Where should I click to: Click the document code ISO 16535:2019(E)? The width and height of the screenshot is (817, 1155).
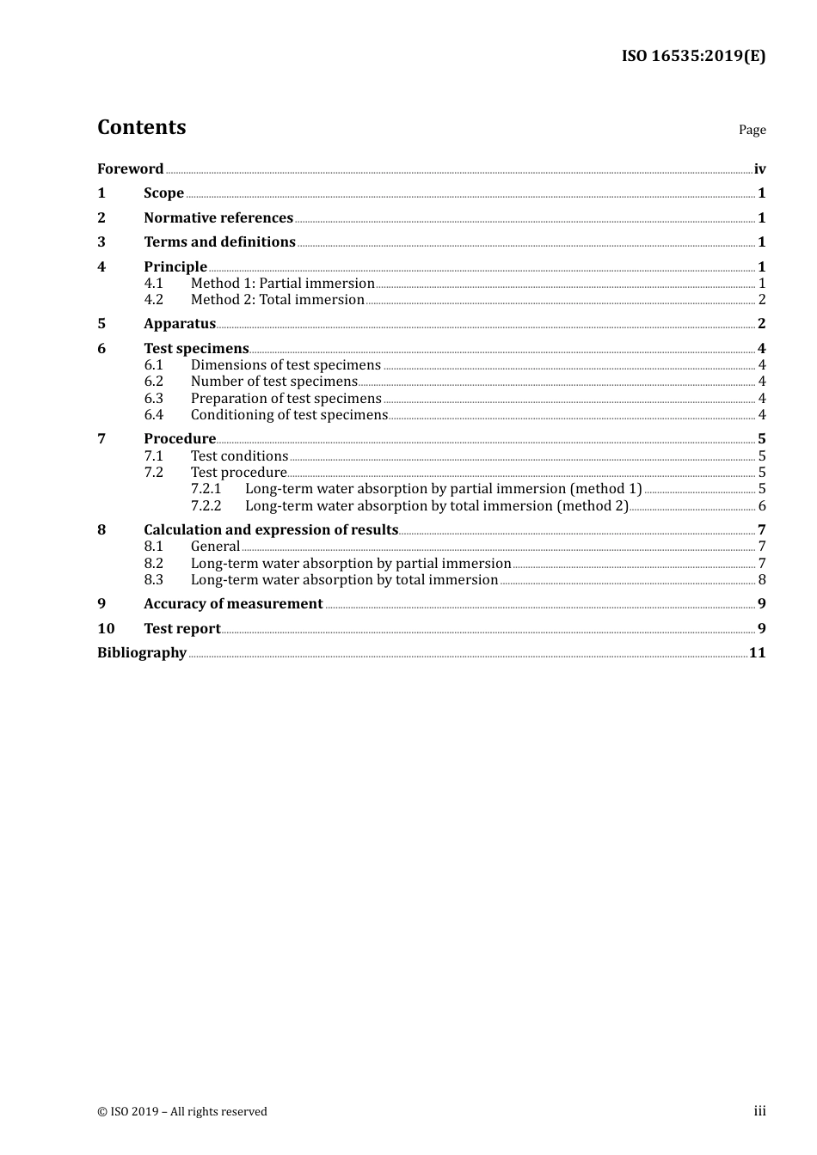pos(693,56)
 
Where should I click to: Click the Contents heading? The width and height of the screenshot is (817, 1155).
pos(141,127)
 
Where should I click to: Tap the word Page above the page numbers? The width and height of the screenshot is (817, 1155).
pos(752,130)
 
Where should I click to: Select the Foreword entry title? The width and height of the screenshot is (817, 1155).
pos(130,168)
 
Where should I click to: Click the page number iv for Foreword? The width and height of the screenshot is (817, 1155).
pos(759,168)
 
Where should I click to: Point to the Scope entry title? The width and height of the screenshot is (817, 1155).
pos(163,192)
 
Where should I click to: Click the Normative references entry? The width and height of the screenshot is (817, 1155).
pos(218,217)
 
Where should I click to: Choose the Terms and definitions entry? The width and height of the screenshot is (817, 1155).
pos(219,241)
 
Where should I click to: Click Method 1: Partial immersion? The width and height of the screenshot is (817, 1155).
pos(282,283)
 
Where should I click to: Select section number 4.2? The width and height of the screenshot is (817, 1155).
pos(153,299)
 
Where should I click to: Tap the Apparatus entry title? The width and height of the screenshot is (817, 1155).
pos(179,323)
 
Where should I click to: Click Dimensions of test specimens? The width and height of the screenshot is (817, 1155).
pos(286,364)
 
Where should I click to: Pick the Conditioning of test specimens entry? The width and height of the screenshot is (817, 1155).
pos(289,414)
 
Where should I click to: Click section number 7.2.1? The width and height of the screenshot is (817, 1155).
pos(206,488)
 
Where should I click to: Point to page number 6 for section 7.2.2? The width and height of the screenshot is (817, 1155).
pos(762,505)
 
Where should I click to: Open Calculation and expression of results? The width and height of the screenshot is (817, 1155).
pos(271,529)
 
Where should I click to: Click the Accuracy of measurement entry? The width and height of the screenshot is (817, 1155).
pos(233,603)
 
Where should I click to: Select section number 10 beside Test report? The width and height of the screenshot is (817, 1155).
pos(106,628)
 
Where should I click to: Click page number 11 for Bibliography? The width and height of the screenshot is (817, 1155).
pos(757,652)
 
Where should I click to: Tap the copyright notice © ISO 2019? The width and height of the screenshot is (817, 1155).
pos(182,1111)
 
